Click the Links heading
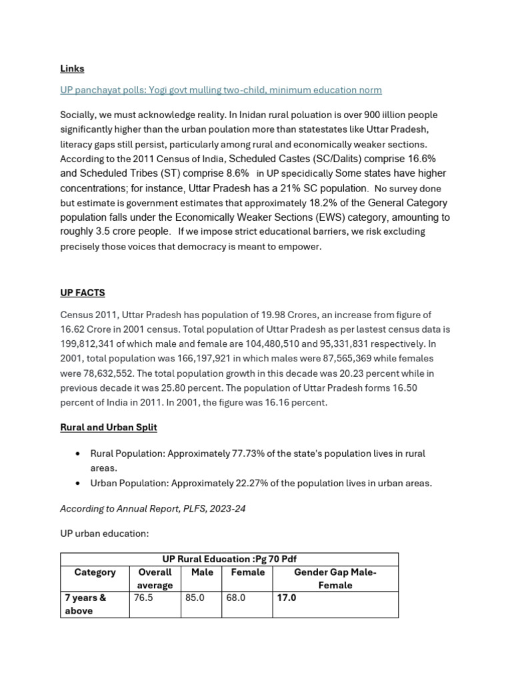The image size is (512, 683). click(72, 69)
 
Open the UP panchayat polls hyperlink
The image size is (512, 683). click(221, 90)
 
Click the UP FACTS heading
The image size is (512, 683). click(82, 293)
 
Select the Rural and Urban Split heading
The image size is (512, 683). click(109, 427)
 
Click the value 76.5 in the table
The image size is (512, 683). click(143, 598)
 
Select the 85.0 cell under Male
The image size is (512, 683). click(195, 598)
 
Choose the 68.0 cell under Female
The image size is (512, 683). click(236, 598)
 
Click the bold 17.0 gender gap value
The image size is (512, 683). click(287, 598)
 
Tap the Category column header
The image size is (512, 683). click(95, 572)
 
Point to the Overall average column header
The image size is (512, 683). click(155, 578)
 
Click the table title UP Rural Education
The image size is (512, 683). click(229, 559)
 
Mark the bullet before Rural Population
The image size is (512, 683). click(78, 454)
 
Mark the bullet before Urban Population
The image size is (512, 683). click(78, 484)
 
